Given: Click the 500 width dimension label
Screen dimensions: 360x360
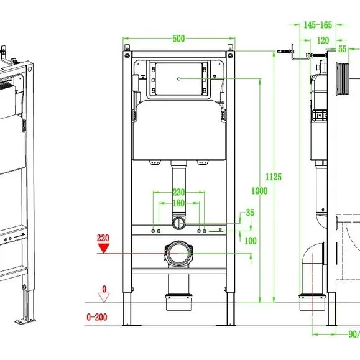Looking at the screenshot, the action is pyautogui.click(x=178, y=39).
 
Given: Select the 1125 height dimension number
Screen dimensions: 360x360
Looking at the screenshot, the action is pyautogui.click(x=274, y=177).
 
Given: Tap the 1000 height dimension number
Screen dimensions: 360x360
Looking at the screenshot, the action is pyautogui.click(x=259, y=191).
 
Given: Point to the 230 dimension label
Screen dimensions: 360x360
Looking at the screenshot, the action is pyautogui.click(x=178, y=192).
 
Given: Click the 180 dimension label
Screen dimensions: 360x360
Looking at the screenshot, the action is pyautogui.click(x=178, y=203).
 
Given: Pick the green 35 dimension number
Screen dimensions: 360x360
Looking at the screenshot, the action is pyautogui.click(x=250, y=213).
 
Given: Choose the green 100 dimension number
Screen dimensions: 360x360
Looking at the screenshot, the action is pyautogui.click(x=250, y=241).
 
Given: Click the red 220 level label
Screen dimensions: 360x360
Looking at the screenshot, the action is pyautogui.click(x=103, y=238).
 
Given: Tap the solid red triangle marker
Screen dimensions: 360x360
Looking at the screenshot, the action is pyautogui.click(x=104, y=249).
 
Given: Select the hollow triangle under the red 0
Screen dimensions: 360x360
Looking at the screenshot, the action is pyautogui.click(x=104, y=298).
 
